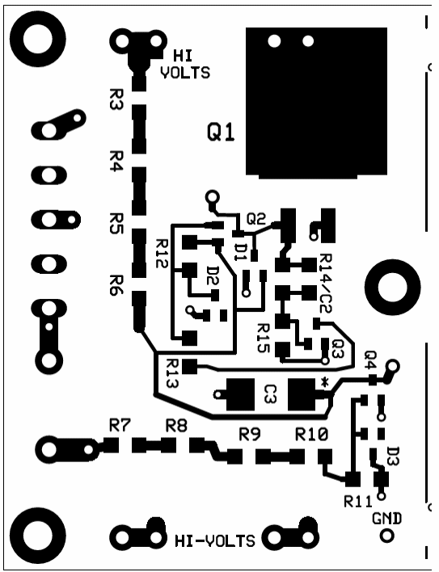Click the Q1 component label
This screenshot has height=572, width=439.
221,132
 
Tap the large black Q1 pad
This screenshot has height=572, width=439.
316,103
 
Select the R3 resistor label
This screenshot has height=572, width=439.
116,99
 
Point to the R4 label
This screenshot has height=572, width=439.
116,161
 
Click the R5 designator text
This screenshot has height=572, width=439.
116,223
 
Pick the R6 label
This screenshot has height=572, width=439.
116,284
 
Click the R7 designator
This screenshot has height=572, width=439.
120,425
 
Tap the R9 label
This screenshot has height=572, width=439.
250,434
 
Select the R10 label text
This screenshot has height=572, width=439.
311,434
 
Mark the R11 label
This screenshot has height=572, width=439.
358,502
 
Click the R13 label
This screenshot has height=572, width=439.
171,373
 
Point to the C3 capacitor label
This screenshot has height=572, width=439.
271,394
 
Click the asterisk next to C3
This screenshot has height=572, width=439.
324,382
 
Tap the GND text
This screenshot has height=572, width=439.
386,519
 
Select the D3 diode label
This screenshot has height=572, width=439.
393,456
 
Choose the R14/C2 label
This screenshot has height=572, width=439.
325,283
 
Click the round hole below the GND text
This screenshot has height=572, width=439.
386,536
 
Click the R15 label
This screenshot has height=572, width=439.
263,339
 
